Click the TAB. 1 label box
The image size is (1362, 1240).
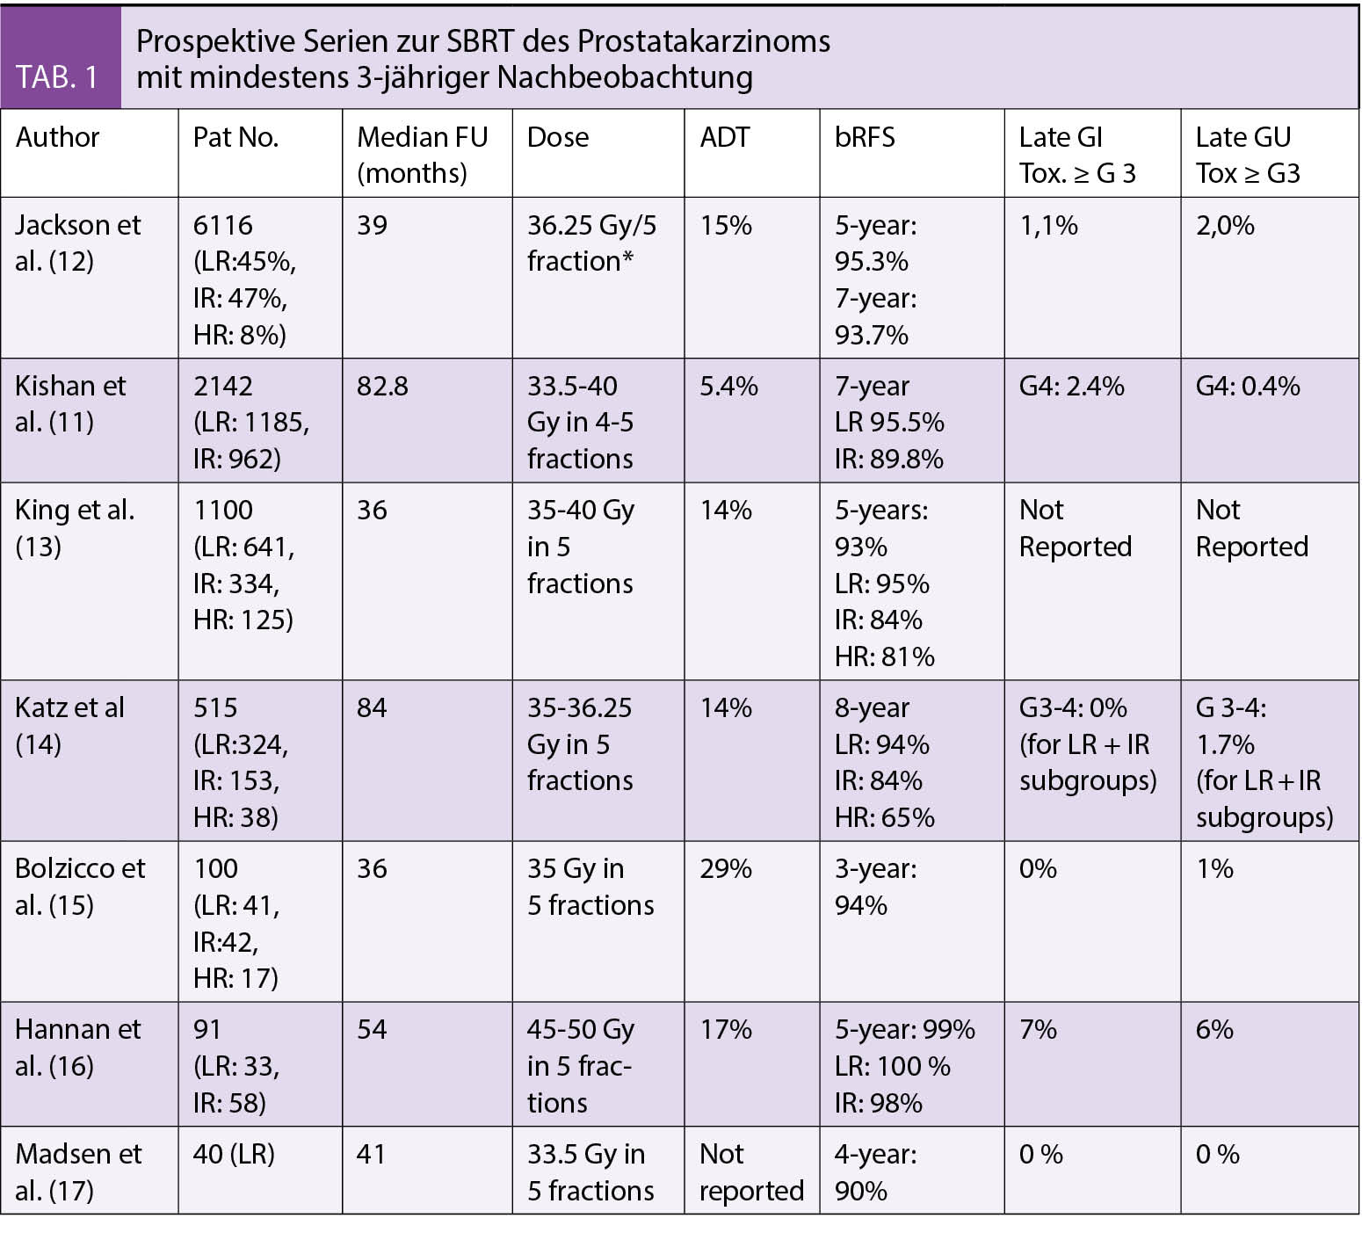coord(60,76)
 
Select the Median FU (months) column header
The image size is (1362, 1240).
coord(422,155)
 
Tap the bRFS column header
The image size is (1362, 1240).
coord(865,137)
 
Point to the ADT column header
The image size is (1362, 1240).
coord(725,137)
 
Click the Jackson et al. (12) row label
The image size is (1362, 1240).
coord(77,243)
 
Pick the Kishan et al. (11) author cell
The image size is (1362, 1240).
coord(70,403)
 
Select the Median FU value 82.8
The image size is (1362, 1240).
coord(382,386)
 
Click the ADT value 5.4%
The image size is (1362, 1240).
coord(728,386)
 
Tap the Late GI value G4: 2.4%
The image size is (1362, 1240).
coord(1071,386)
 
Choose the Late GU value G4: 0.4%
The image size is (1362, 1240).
coord(1248,386)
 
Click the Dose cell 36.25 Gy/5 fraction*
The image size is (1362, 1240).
coord(591,243)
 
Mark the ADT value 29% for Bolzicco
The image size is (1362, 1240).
coord(726,868)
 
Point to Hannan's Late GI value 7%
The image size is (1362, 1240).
coord(1038,1029)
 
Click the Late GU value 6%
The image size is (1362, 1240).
coord(1214,1029)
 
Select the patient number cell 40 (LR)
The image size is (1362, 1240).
coord(234,1154)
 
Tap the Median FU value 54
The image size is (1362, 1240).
coord(372,1029)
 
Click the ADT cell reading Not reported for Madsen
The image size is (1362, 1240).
coord(751,1171)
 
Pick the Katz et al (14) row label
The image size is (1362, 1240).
coord(69,725)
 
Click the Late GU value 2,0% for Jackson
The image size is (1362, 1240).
coord(1225,225)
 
